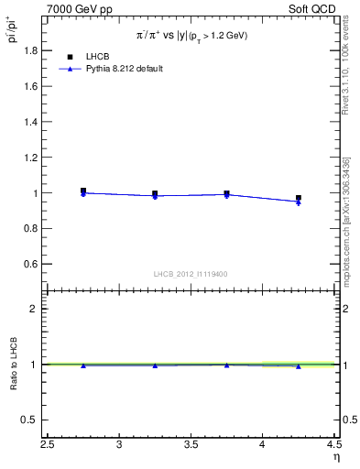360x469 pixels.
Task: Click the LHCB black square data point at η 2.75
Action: [83, 191]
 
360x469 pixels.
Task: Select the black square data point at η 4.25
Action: [298, 198]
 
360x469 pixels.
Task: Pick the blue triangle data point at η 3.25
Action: [155, 196]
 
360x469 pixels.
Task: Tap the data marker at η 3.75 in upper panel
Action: [226, 194]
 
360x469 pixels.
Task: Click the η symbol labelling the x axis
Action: [335, 457]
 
